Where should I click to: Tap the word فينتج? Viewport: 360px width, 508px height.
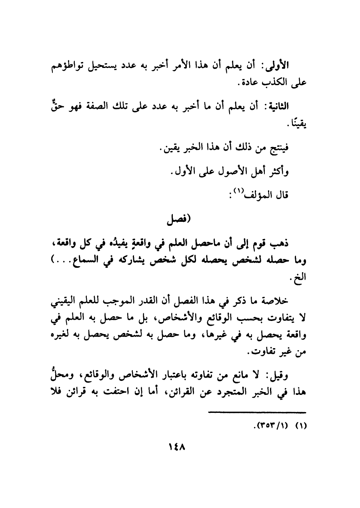pos(298,149)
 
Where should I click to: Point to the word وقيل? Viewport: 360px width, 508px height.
pos(296,376)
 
